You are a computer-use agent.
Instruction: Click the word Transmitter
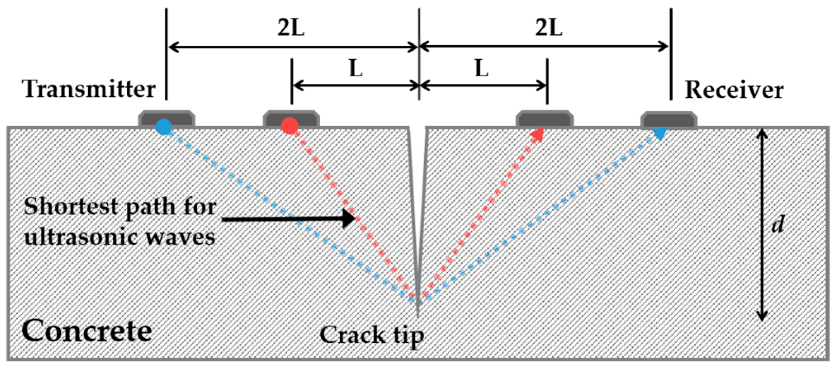pyautogui.click(x=89, y=89)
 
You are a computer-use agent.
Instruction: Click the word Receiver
pyautogui.click(x=734, y=90)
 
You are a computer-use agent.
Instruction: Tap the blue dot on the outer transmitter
pyautogui.click(x=164, y=127)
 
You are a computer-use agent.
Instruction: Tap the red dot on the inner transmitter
pyautogui.click(x=289, y=126)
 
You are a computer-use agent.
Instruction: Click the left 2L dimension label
pyautogui.click(x=291, y=28)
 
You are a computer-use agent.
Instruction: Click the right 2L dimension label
pyautogui.click(x=549, y=28)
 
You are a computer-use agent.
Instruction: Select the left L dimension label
pyautogui.click(x=356, y=68)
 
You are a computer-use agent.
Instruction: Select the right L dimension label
pyautogui.click(x=482, y=68)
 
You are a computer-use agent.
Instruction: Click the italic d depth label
pyautogui.click(x=778, y=225)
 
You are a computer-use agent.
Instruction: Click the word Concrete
pyautogui.click(x=87, y=331)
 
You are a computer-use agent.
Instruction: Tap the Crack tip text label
pyautogui.click(x=371, y=335)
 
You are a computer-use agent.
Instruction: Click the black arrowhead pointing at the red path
pyautogui.click(x=349, y=219)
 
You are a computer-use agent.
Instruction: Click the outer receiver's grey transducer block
pyautogui.click(x=669, y=120)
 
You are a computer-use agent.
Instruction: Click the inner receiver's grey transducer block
pyautogui.click(x=544, y=120)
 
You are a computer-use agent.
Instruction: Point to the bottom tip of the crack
pyautogui.click(x=418, y=315)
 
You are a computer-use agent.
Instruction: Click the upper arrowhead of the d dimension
pyautogui.click(x=762, y=134)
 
